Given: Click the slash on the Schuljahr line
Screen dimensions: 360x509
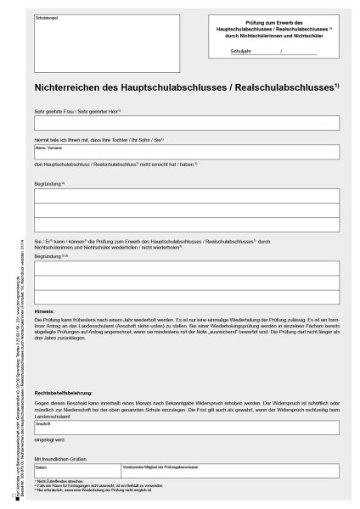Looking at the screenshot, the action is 280,52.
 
